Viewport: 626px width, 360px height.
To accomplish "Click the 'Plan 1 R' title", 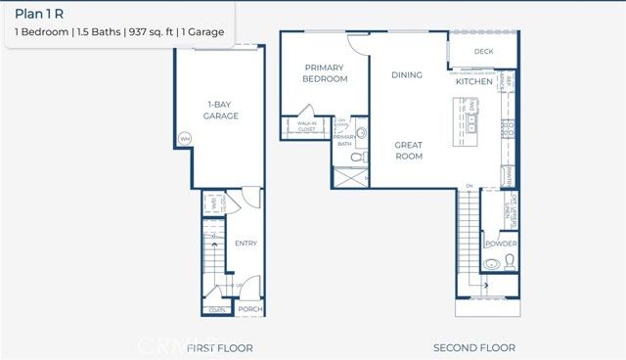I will (x=38, y=15).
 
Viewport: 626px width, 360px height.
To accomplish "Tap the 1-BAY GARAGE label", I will (x=222, y=110).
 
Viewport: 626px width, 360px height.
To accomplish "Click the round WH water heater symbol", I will (x=184, y=139).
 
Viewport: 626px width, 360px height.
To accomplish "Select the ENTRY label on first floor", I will (x=246, y=244).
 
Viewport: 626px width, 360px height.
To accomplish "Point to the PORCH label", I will (x=250, y=309).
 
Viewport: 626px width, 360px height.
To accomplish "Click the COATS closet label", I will (x=217, y=310).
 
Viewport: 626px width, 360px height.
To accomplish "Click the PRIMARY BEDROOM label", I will (x=325, y=73).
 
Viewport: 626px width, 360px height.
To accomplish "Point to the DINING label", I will (x=407, y=74).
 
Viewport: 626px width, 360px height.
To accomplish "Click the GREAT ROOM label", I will (x=408, y=150).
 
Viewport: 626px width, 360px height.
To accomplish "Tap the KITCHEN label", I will (x=473, y=82).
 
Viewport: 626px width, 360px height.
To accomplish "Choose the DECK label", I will (x=483, y=51).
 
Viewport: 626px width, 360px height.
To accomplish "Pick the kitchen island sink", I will (x=472, y=121).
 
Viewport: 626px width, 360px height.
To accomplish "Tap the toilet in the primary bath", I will (x=357, y=157).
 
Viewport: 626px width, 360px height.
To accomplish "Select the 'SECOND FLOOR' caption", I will (x=474, y=347).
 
